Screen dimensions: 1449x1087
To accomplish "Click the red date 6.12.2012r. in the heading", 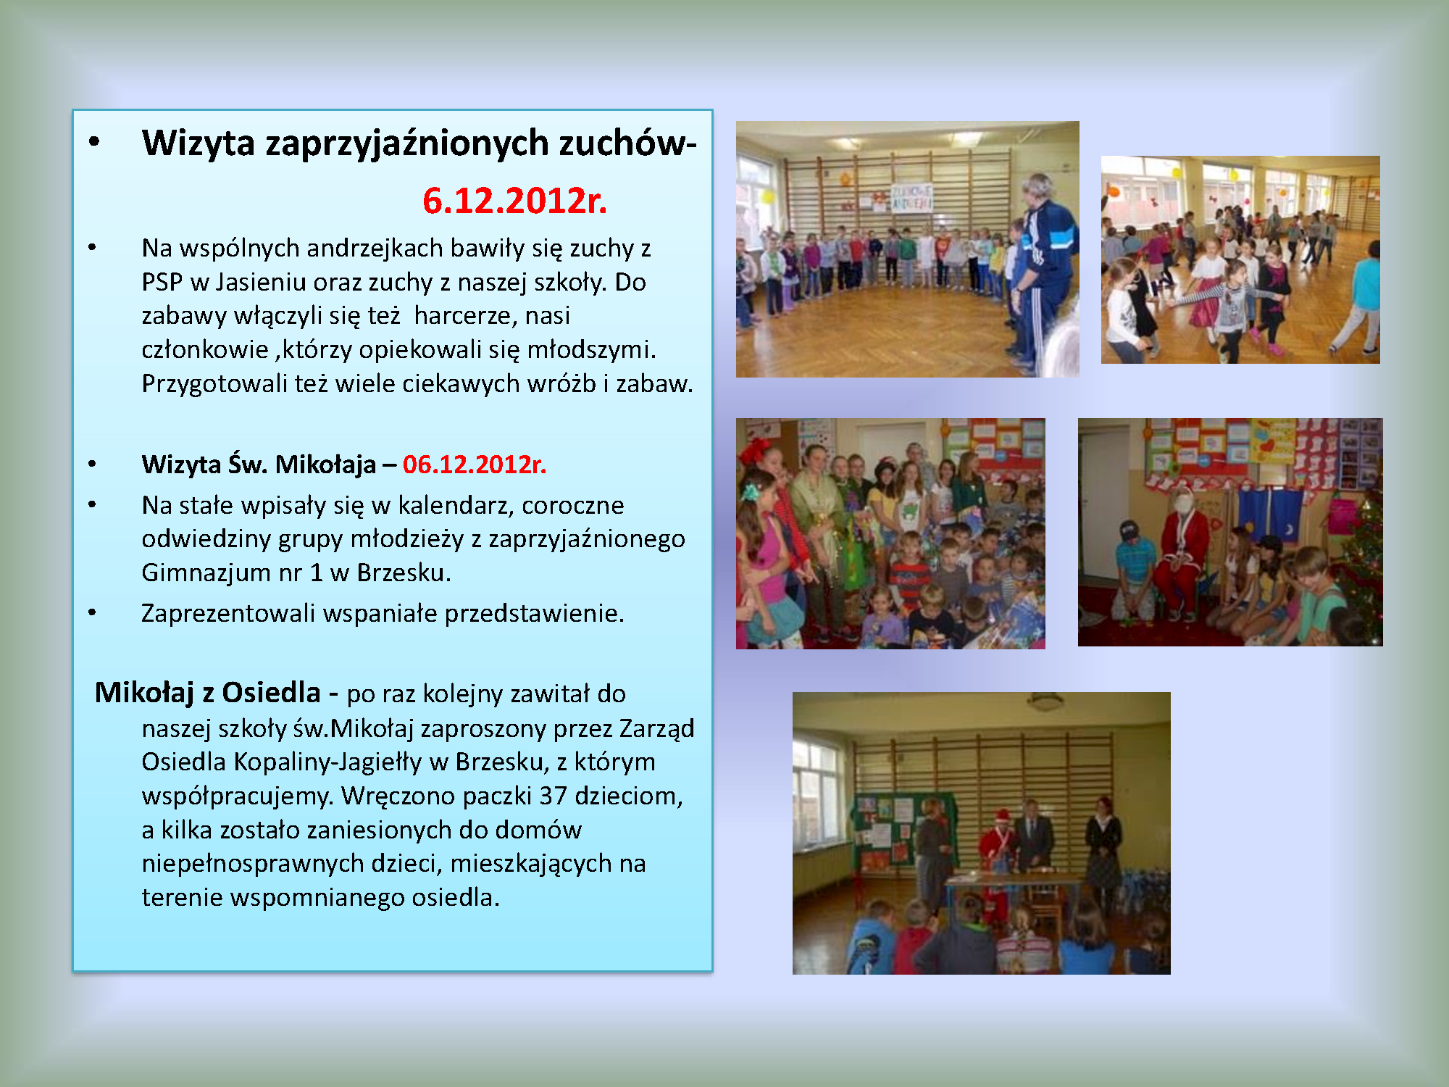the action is click(x=514, y=201).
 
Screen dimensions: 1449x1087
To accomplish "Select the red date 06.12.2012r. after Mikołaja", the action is click(x=475, y=464).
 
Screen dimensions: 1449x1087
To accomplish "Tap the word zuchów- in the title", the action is click(x=627, y=143).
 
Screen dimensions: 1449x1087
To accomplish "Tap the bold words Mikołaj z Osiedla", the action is click(x=208, y=693).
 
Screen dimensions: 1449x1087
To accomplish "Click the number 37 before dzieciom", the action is click(x=553, y=796).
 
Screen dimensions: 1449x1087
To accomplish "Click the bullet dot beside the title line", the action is click(x=93, y=142).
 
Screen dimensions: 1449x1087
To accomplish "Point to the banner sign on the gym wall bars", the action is click(x=911, y=196).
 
